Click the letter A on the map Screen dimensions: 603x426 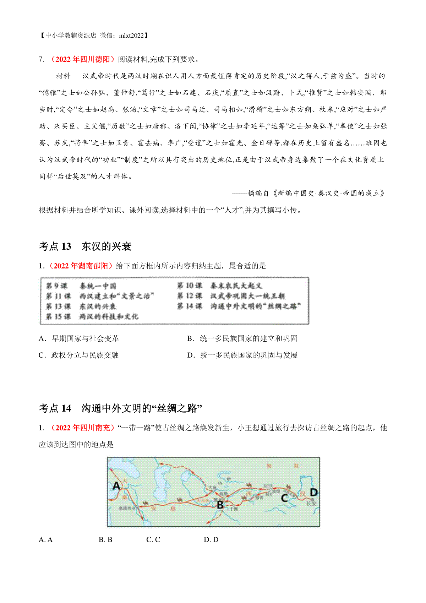coord(116,485)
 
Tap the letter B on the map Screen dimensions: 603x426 coord(220,504)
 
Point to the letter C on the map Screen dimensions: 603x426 coord(284,498)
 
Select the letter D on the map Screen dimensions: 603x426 coord(313,492)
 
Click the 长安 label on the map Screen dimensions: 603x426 coord(311,503)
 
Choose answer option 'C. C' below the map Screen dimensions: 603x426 coord(153,539)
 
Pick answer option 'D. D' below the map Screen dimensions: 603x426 coord(211,539)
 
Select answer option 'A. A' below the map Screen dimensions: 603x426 coord(45,539)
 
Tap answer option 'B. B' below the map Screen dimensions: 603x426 coord(105,539)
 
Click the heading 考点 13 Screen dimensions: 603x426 coord(55,246)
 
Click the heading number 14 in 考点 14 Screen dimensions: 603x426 coord(66,408)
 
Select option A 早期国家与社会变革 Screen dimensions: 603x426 coord(79,338)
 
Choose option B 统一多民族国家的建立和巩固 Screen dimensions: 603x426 coord(242,338)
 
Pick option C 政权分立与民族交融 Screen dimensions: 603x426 coord(78,355)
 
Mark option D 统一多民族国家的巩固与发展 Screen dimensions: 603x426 coord(242,355)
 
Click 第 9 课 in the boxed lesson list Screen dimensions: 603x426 coord(56,286)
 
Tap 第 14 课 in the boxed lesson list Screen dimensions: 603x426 coord(190,306)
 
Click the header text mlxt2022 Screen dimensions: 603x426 coord(132,36)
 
